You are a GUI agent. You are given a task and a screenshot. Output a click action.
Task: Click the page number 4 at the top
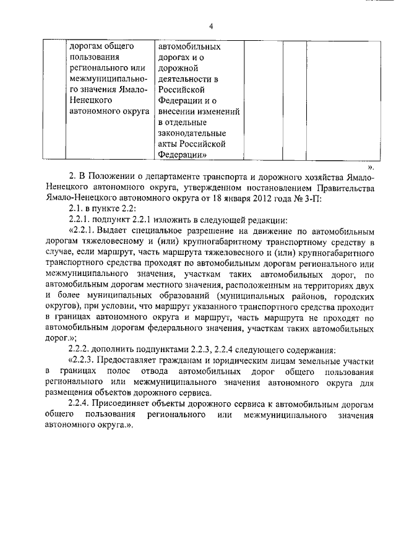tap(210, 27)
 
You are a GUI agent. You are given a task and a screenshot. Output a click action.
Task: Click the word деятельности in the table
tap(185, 79)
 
